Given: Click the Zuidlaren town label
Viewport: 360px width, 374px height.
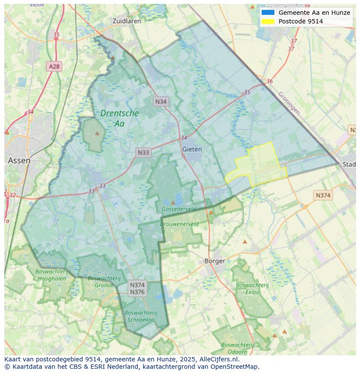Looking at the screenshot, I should click(x=127, y=21).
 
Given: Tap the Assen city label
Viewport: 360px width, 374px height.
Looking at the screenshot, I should click(x=19, y=160).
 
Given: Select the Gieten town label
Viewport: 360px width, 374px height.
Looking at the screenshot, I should click(x=192, y=149).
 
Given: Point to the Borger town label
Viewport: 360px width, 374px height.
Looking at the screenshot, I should click(x=215, y=261).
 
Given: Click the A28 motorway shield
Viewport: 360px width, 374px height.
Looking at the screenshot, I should click(x=54, y=66).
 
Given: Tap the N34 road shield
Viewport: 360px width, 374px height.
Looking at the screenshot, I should click(x=161, y=102).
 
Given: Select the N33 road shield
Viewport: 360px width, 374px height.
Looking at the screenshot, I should click(x=143, y=152).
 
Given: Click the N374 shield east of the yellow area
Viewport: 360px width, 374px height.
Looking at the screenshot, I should click(x=323, y=195).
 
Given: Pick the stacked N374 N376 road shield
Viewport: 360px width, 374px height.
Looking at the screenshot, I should click(x=137, y=288).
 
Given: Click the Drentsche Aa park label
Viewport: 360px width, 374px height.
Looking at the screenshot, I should click(x=120, y=118).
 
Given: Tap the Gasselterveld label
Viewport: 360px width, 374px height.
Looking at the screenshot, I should click(x=179, y=209).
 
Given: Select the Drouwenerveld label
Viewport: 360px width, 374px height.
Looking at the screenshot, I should click(x=179, y=224).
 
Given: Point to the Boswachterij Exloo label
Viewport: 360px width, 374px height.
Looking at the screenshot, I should click(x=253, y=289).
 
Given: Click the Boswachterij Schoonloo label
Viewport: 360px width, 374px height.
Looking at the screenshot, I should click(x=140, y=316).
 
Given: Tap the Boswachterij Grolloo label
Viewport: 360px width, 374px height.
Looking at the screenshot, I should click(x=101, y=281).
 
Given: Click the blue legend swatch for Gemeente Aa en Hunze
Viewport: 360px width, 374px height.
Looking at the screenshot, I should click(x=268, y=13).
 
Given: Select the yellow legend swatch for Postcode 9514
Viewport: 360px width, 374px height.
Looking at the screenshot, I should click(x=268, y=21).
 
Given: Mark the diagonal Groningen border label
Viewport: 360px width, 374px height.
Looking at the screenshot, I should click(x=289, y=103).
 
